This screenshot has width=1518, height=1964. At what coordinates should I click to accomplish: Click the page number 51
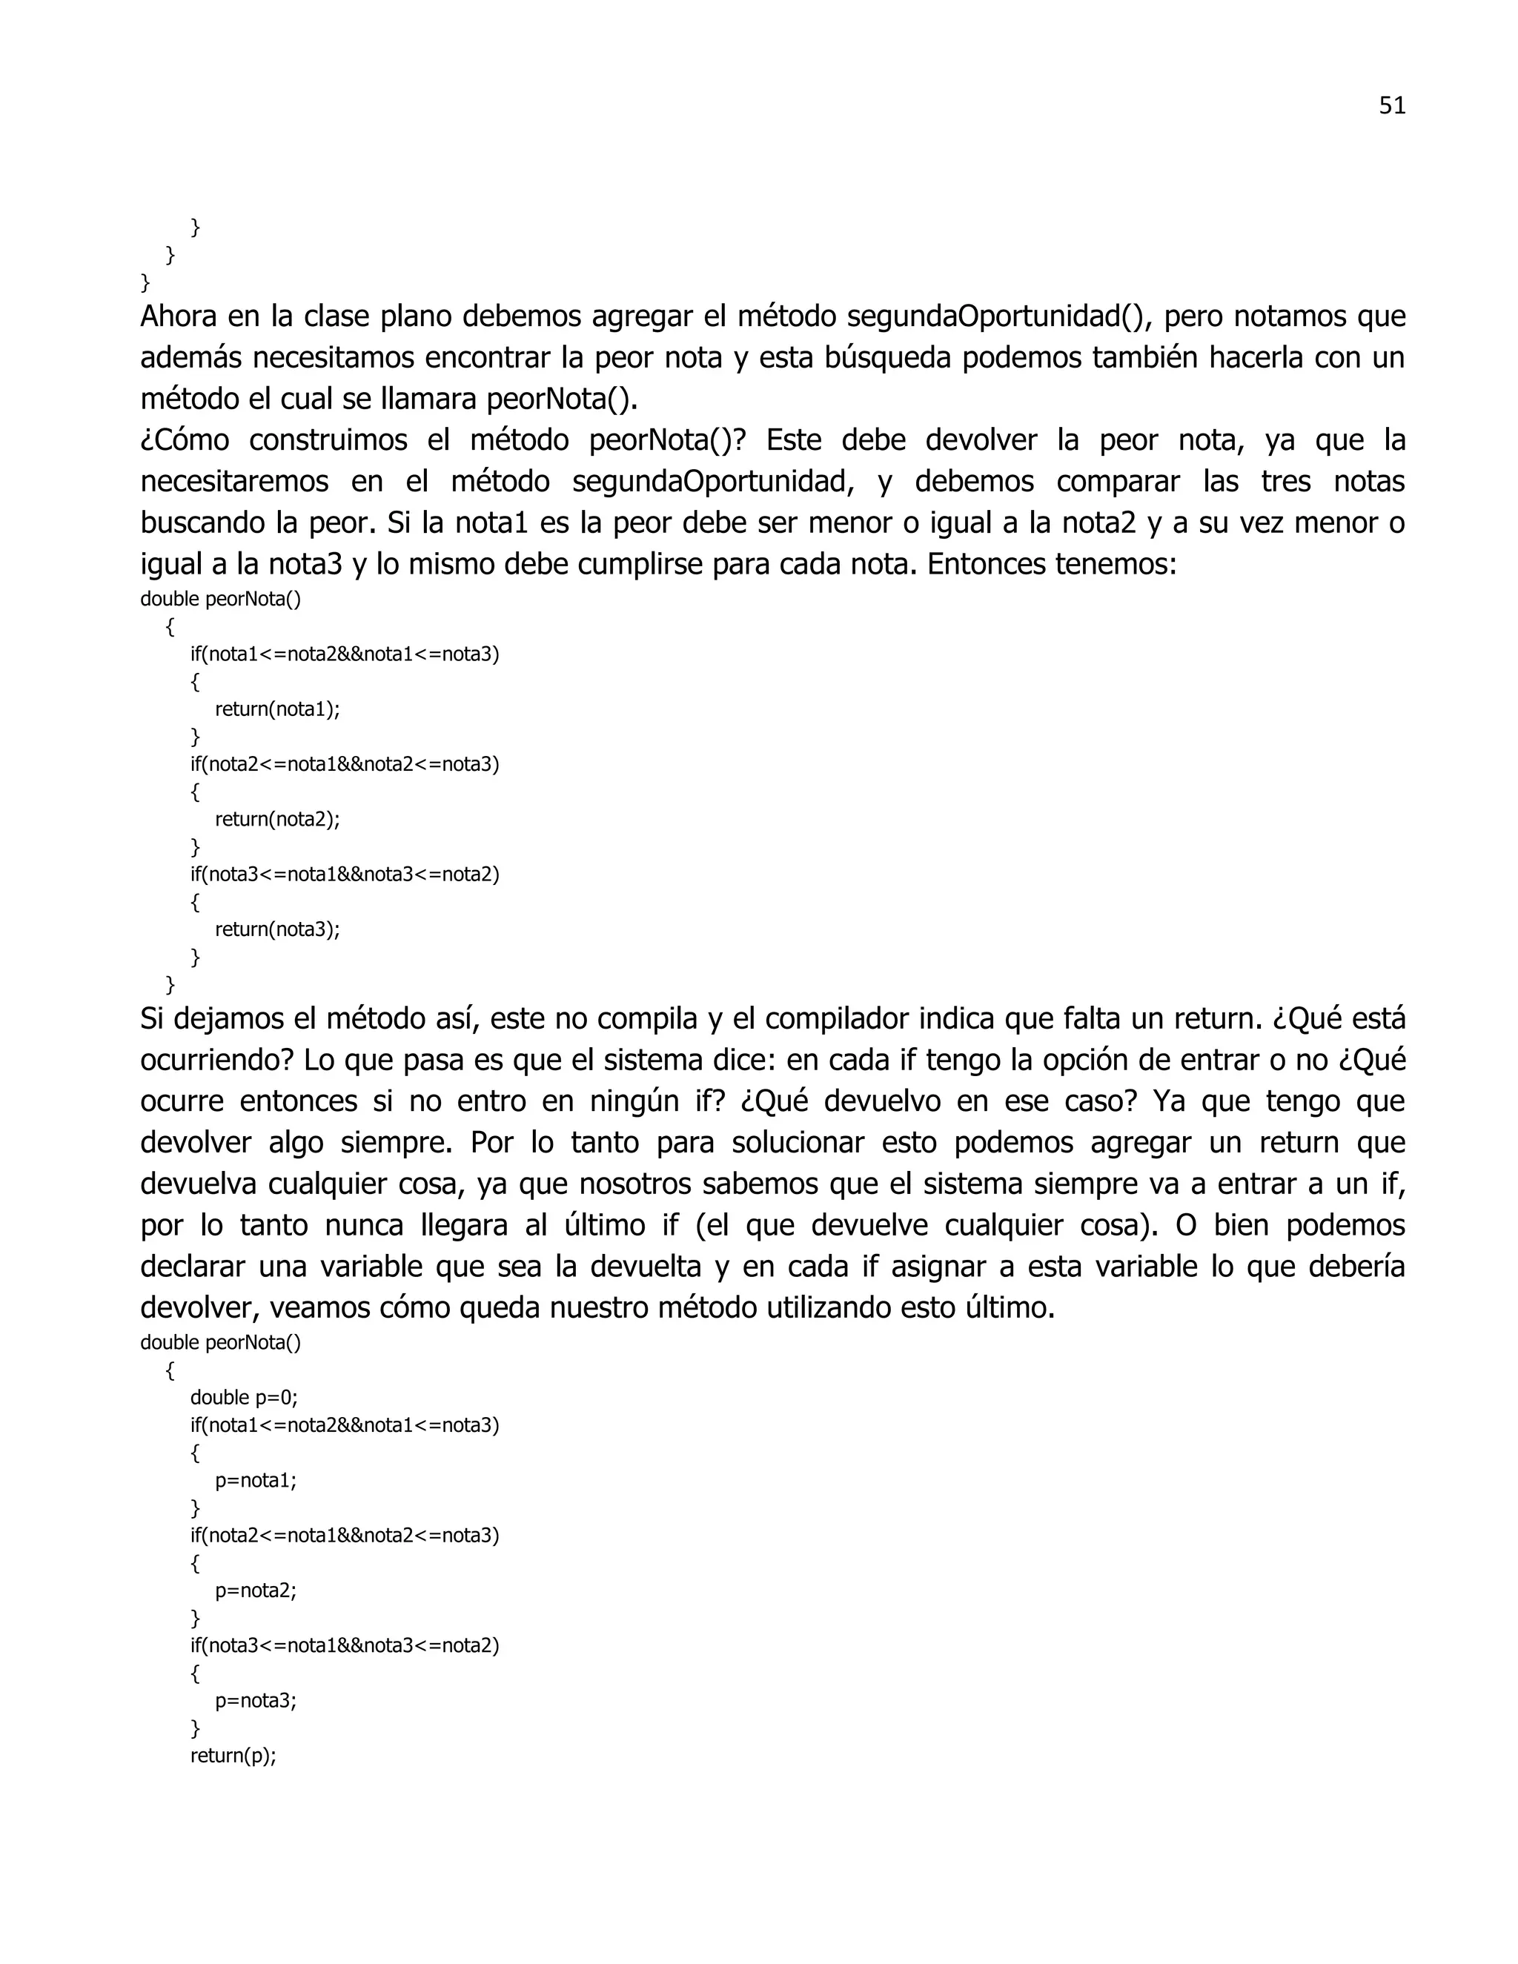1391,106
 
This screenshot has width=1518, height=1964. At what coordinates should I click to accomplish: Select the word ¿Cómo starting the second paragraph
185,441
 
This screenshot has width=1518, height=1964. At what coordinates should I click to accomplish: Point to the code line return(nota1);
277,709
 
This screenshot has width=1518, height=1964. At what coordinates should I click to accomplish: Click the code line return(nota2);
277,819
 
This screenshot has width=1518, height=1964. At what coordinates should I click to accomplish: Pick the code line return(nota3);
277,929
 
